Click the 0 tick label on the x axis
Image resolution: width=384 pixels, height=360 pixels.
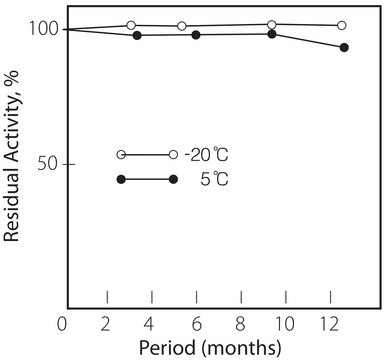coord(63,323)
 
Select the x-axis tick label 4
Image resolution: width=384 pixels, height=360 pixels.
coord(151,323)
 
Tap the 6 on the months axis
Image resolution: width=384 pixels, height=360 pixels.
coord(196,323)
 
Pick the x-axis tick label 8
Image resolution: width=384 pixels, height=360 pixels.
coord(241,323)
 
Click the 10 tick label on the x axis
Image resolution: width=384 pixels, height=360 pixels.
coord(285,323)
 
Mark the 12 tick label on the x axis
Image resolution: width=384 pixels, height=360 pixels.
coord(329,323)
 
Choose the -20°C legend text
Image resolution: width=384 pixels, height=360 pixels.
coord(211,155)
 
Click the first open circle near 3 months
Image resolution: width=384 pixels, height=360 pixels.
coord(131,25)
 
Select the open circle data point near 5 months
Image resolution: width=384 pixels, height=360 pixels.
coord(181,26)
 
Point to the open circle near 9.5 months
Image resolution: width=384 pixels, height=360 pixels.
coord(272,24)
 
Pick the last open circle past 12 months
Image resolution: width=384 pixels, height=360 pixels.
coord(342,25)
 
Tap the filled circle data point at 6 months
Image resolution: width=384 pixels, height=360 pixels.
coord(196,35)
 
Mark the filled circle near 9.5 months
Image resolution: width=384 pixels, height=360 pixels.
coord(272,34)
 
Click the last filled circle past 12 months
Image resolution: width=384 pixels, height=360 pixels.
coord(344,47)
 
